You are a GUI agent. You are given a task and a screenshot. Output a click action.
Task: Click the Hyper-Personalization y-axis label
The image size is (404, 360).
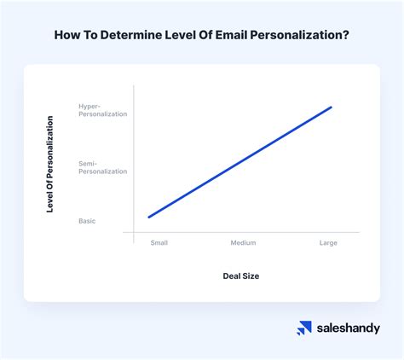tap(102, 110)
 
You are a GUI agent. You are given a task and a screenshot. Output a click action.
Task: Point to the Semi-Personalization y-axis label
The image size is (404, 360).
tap(102, 166)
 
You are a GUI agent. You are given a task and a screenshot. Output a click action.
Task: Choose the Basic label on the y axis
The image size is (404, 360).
tap(87, 221)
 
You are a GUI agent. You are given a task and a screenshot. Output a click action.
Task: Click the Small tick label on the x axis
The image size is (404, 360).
tap(159, 243)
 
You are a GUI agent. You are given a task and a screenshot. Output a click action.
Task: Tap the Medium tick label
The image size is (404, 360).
tap(243, 243)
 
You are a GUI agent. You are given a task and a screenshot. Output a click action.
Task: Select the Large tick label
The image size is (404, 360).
tap(328, 243)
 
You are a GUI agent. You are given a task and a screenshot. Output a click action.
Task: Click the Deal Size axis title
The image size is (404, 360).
tap(242, 276)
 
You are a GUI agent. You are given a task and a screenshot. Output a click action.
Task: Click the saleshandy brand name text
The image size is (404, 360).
tap(348, 328)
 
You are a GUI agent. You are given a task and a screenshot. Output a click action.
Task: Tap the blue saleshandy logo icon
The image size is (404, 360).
tap(304, 328)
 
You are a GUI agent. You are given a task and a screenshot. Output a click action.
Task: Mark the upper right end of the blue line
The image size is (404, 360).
tap(331, 107)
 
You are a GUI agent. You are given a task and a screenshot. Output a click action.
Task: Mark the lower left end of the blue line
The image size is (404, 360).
tap(149, 218)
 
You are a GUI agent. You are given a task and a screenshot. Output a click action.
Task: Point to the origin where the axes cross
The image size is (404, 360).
tap(134, 231)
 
